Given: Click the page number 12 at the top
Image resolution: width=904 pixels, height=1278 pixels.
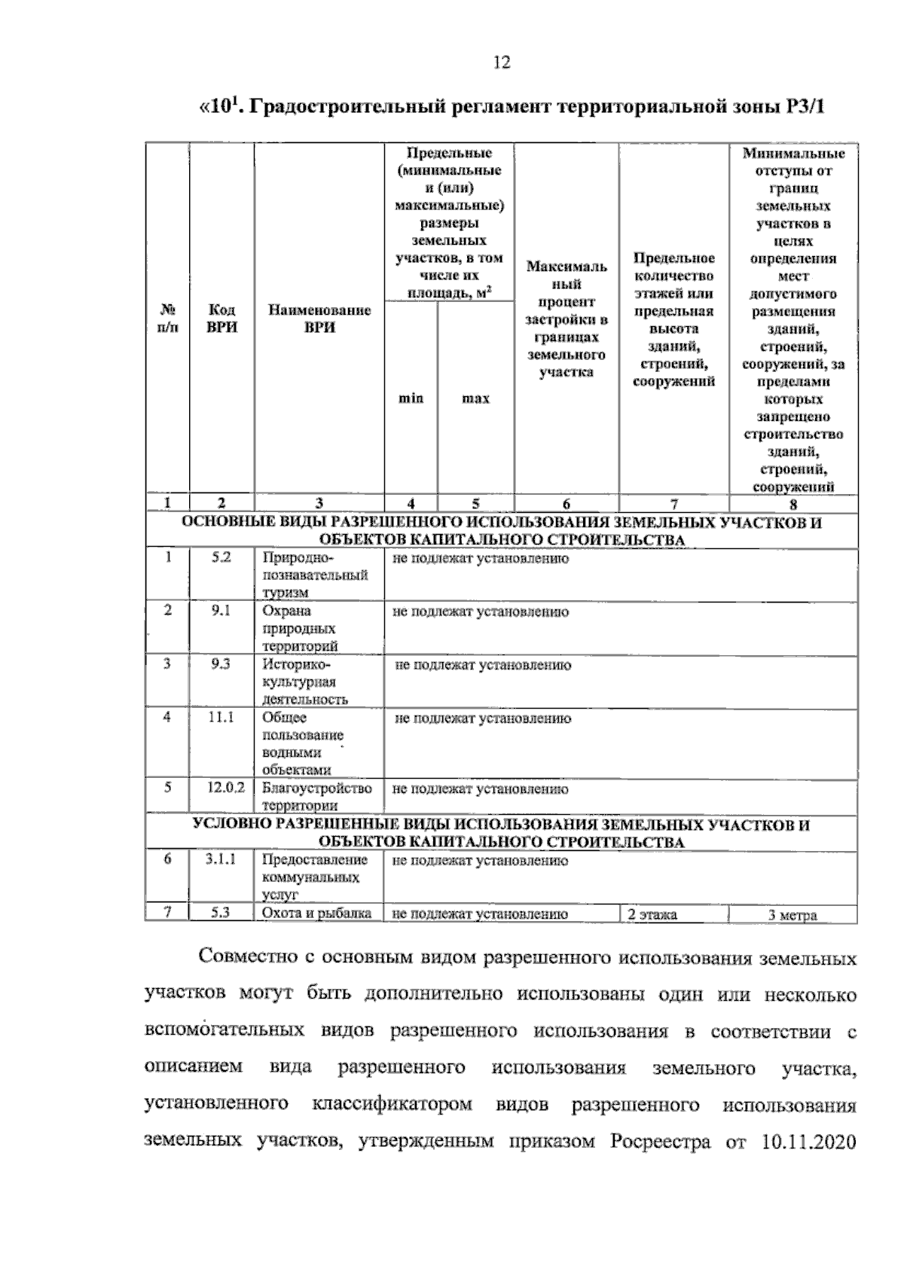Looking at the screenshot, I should coord(501,63).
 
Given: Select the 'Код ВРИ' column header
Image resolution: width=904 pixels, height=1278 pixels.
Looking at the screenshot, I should coord(221,319).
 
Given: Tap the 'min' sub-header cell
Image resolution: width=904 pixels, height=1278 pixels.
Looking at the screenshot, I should coord(411,398).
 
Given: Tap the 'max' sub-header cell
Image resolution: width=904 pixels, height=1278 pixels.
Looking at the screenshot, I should coord(475,398).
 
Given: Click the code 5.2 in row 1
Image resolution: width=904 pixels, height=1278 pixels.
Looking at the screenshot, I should coord(221,558).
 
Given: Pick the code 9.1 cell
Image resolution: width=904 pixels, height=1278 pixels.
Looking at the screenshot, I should coord(221,611).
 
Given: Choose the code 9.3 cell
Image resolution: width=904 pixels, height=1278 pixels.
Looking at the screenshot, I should coord(221,663).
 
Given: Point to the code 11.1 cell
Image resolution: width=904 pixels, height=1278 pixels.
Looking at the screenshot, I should coord(221,717).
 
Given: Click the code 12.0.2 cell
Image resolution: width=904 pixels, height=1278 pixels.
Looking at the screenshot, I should coord(226,788).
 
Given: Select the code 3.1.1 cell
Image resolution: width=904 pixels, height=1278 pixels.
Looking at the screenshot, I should coord(221,859).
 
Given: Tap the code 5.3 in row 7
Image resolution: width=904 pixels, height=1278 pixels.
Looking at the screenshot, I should coord(221,913).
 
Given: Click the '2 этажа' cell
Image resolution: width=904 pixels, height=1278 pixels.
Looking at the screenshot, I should coord(652,915).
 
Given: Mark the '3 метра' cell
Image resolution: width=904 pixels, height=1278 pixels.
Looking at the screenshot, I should coord(793,916).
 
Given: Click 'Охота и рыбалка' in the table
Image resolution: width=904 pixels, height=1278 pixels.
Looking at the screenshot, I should coord(316,914).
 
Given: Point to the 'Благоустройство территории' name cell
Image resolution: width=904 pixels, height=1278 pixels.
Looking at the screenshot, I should coord(316,796).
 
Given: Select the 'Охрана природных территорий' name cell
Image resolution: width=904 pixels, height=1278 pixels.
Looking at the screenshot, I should coord(300,628).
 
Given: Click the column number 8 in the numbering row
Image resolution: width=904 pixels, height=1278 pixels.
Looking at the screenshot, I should coord(793,505).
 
